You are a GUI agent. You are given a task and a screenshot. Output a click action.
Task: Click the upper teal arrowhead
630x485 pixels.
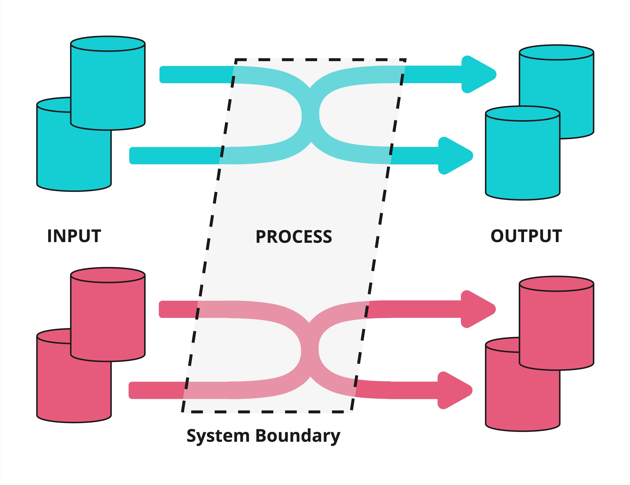pos(479,74)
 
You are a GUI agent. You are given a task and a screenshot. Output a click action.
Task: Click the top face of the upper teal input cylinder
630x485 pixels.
pos(108,44)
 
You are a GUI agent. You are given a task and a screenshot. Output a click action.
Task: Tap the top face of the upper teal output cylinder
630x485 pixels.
pos(556,53)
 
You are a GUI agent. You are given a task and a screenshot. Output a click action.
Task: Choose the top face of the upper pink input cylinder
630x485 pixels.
pos(108,275)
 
